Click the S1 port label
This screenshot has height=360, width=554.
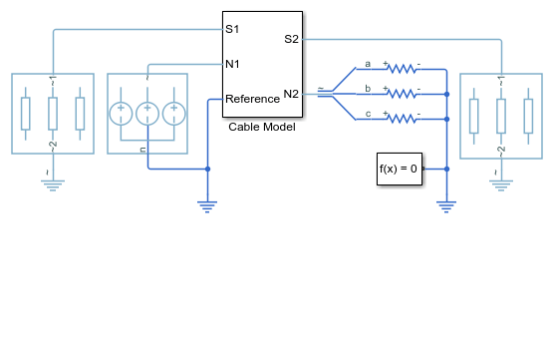click(232, 29)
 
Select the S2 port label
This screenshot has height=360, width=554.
click(292, 39)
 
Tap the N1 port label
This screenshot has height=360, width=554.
click(232, 64)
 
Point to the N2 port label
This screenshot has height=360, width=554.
click(291, 94)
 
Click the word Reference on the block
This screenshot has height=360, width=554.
click(252, 99)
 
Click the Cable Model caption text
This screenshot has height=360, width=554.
click(262, 127)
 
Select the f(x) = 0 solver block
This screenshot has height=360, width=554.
click(400, 169)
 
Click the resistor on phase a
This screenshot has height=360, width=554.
click(402, 68)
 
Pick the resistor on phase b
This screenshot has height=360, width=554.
click(402, 93)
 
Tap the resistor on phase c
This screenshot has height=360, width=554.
click(402, 118)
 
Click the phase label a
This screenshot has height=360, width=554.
click(368, 64)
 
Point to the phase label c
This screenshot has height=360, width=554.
click(368, 114)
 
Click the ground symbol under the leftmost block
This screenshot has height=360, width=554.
click(53, 185)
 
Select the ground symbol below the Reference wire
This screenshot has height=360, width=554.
click(207, 206)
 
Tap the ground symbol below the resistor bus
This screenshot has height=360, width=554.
click(446, 206)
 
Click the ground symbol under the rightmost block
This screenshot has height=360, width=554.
click(501, 185)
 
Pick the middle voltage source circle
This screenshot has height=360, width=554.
click(147, 114)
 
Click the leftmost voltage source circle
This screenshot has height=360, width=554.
click(121, 114)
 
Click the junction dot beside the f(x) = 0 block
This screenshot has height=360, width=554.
click(446, 170)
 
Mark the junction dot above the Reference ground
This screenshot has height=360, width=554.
click(207, 170)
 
